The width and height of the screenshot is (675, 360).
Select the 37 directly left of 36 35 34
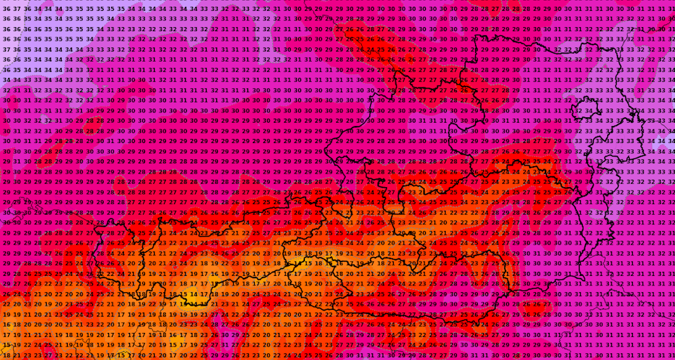[6, 49]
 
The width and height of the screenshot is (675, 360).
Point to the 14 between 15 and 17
[193, 294]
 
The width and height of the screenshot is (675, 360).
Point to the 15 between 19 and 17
[173, 345]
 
